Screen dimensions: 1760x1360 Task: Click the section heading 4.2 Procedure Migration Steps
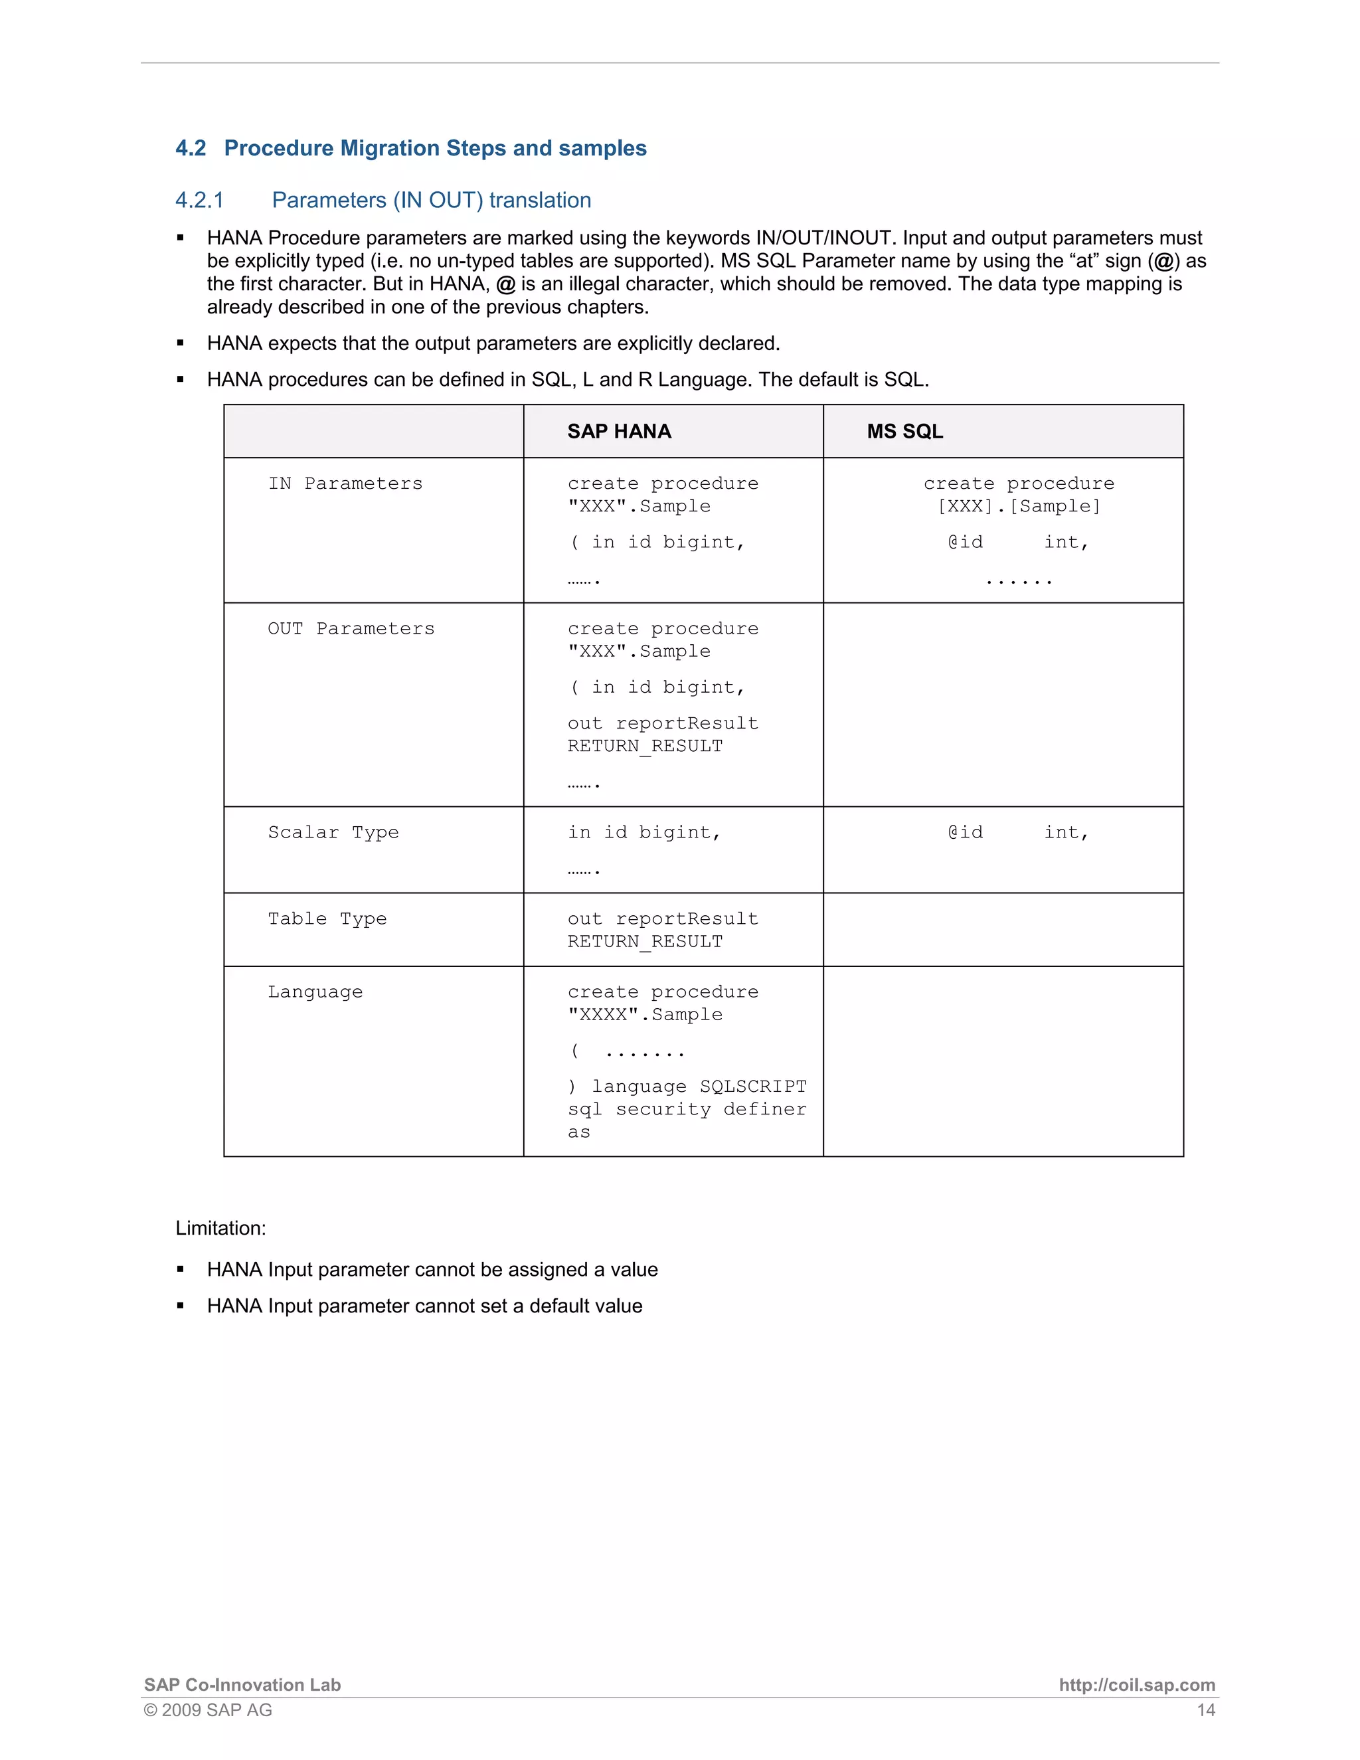point(411,148)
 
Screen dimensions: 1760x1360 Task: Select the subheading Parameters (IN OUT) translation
point(431,200)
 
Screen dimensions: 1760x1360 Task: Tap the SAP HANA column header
point(619,431)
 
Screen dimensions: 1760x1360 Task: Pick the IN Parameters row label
point(345,484)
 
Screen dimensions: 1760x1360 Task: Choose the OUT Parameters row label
point(351,628)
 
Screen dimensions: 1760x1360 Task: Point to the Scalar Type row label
point(333,832)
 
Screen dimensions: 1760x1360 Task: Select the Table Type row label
point(327,919)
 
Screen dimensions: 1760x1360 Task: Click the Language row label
point(315,992)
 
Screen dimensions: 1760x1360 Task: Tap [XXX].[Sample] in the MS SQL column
point(1019,506)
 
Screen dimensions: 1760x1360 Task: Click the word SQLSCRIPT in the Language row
point(752,1087)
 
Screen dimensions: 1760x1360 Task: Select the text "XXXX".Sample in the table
point(645,1015)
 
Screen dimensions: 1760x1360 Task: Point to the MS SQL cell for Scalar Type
point(1019,832)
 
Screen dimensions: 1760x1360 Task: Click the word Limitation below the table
point(220,1228)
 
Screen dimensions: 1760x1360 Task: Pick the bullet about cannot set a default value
point(424,1306)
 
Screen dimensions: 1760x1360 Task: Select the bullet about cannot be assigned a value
point(432,1269)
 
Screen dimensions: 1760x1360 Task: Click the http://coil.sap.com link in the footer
point(1136,1685)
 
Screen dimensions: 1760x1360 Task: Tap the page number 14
point(1205,1710)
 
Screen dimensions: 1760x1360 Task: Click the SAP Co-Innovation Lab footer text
point(242,1685)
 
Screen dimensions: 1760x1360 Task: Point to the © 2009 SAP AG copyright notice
point(208,1710)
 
